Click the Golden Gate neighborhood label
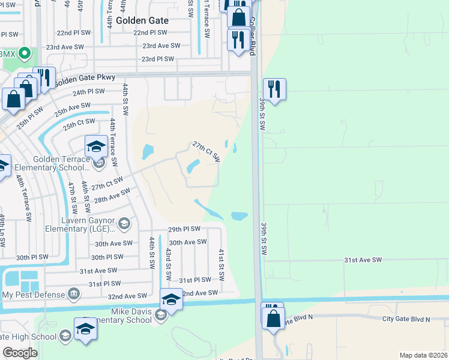[x=142, y=20]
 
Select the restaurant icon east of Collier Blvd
[x=274, y=89]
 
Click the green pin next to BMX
[x=25, y=53]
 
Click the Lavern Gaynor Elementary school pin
[x=124, y=224]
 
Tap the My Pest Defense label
[x=33, y=295]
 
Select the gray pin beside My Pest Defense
[x=73, y=294]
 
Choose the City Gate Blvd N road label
[x=406, y=319]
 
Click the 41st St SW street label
[x=221, y=265]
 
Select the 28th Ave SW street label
[x=112, y=196]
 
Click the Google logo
[x=20, y=353]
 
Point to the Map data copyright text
[x=423, y=355]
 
